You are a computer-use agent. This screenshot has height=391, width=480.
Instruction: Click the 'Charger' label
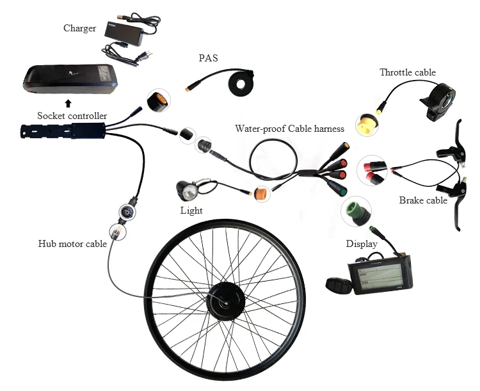79,28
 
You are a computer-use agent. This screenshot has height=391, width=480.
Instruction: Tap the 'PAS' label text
208,58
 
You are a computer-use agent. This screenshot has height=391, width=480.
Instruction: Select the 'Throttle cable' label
407,72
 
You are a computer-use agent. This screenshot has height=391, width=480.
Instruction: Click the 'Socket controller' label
72,116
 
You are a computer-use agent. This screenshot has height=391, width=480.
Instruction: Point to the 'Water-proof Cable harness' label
289,129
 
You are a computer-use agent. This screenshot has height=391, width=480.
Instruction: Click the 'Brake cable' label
423,200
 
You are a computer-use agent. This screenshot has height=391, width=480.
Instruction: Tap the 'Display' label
362,244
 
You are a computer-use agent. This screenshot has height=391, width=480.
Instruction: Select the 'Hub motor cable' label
72,243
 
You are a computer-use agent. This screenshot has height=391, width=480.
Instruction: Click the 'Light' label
191,211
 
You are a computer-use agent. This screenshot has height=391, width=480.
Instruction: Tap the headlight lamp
189,190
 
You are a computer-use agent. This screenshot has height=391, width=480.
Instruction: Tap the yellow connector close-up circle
368,122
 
